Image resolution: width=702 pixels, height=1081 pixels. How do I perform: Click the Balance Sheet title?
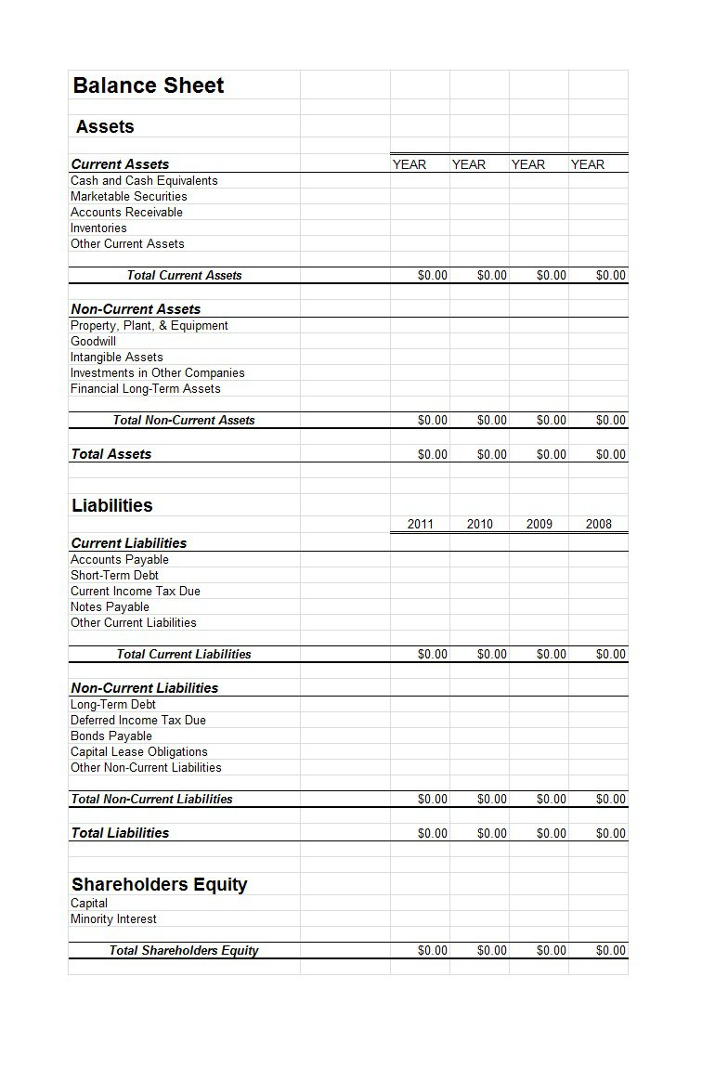[149, 85]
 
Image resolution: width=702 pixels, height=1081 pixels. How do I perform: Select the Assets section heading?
[105, 126]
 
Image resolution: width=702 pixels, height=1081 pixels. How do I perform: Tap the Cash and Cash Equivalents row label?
[144, 180]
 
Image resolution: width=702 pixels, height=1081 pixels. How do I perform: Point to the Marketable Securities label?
[129, 196]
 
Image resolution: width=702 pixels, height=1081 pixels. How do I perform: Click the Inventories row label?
[98, 228]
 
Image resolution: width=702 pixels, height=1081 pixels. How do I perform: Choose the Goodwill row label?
[93, 341]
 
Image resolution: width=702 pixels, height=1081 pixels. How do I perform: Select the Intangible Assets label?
[117, 357]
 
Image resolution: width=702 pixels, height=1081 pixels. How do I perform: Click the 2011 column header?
[421, 524]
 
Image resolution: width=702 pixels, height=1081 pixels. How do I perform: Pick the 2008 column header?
[599, 524]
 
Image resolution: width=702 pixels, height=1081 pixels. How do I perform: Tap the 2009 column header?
[539, 524]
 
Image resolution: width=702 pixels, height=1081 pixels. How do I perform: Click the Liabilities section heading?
[112, 505]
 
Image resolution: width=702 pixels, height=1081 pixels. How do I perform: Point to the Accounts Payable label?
[120, 559]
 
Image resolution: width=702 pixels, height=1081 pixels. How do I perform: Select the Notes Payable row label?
[110, 606]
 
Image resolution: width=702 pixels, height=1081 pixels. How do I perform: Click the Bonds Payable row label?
[111, 736]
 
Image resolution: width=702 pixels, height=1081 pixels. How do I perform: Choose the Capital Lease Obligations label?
[139, 751]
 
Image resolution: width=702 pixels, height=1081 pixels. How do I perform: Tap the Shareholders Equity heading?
[160, 884]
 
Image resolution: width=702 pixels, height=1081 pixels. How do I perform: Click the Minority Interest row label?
[113, 918]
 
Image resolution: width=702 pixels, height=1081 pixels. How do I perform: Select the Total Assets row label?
[111, 453]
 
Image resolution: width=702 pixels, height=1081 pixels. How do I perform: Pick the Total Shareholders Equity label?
[184, 950]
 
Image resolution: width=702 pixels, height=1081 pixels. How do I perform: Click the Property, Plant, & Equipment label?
[149, 325]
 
